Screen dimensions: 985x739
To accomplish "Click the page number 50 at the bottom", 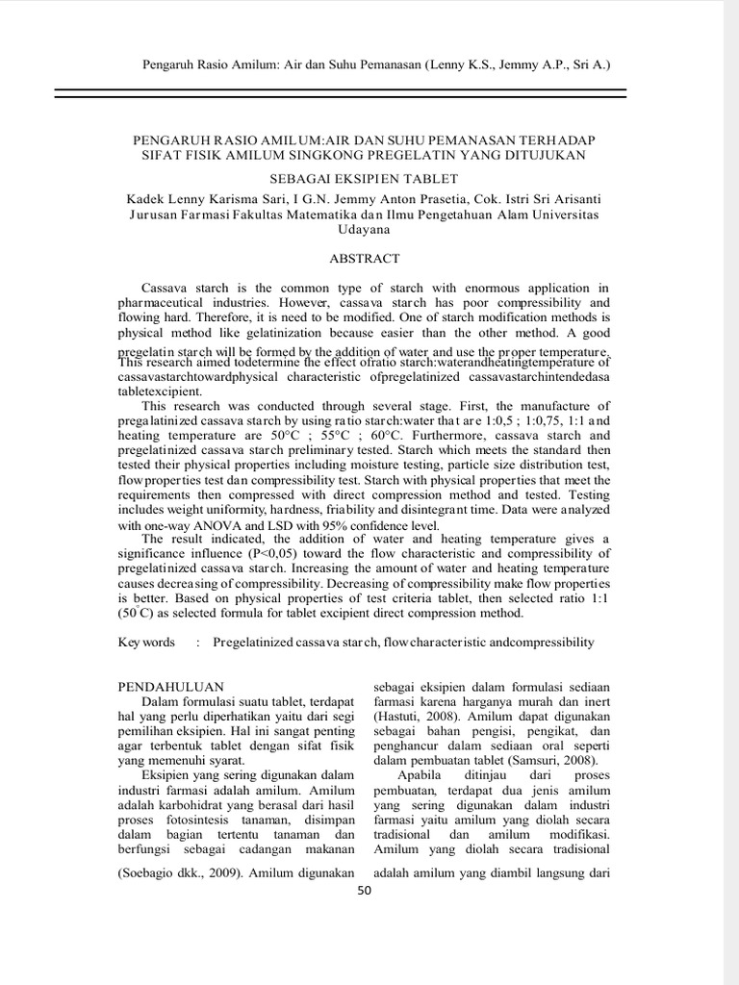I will point(364,890).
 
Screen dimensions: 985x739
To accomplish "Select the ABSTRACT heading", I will point(365,259).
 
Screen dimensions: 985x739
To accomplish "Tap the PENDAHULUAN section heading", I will point(170,686).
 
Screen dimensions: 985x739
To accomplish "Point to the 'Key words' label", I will point(146,642).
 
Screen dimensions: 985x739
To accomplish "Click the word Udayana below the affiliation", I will point(364,230).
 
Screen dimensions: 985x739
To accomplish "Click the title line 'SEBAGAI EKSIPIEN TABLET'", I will point(364,179).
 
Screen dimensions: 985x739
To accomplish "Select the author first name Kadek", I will point(147,198).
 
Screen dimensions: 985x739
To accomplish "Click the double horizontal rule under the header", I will point(340,93).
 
